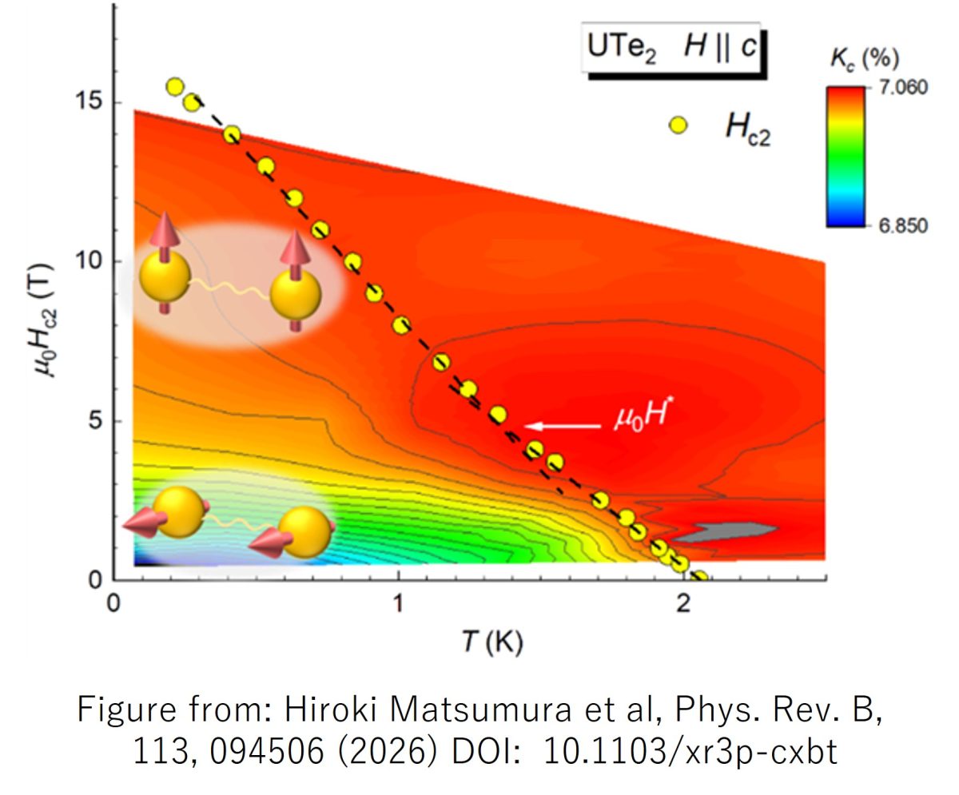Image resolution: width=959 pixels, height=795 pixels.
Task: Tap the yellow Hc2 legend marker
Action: pos(678,125)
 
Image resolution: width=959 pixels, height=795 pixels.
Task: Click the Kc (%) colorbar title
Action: pos(865,59)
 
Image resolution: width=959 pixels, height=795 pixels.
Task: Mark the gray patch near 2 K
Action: pos(734,531)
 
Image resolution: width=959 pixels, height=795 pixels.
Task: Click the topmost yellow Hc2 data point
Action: pos(175,87)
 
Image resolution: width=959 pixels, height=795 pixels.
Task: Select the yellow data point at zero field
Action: pos(699,577)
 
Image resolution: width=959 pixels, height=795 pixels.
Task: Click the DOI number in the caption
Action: pos(690,753)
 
